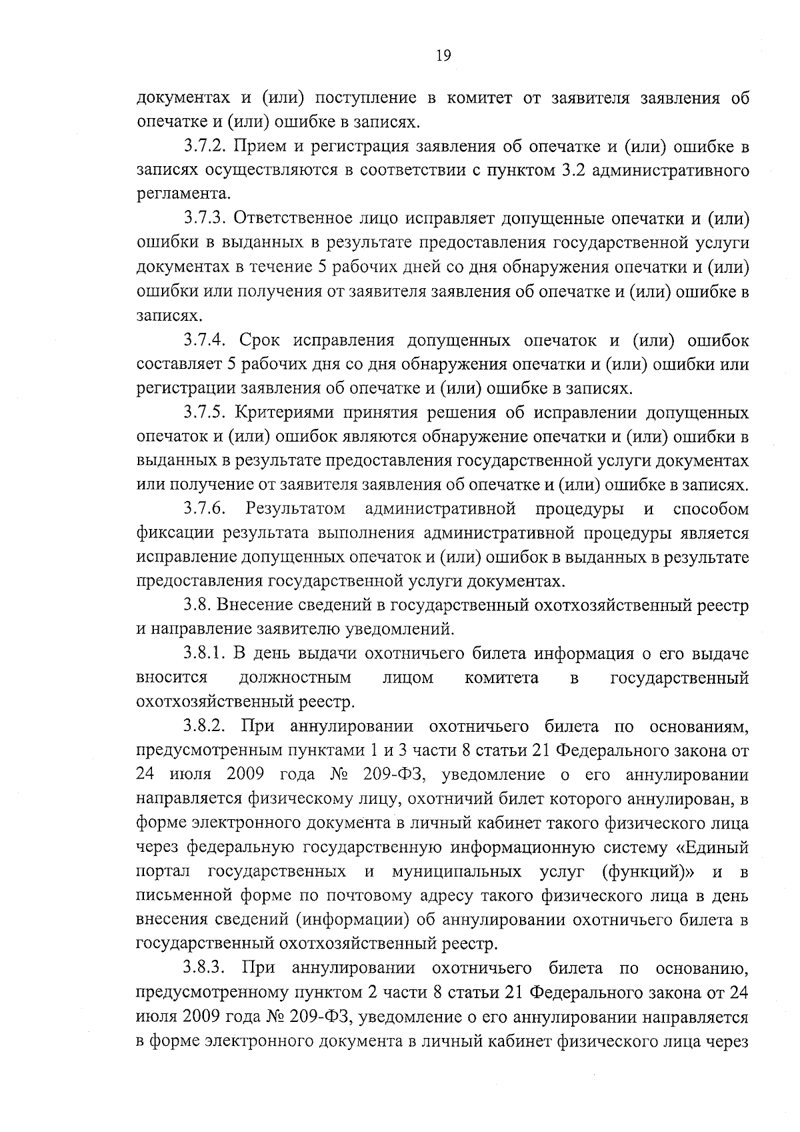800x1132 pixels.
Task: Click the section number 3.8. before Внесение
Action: pyautogui.click(x=198, y=606)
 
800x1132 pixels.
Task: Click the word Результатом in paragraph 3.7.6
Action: pyautogui.click(x=295, y=510)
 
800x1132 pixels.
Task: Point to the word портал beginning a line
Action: pyautogui.click(x=163, y=872)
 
